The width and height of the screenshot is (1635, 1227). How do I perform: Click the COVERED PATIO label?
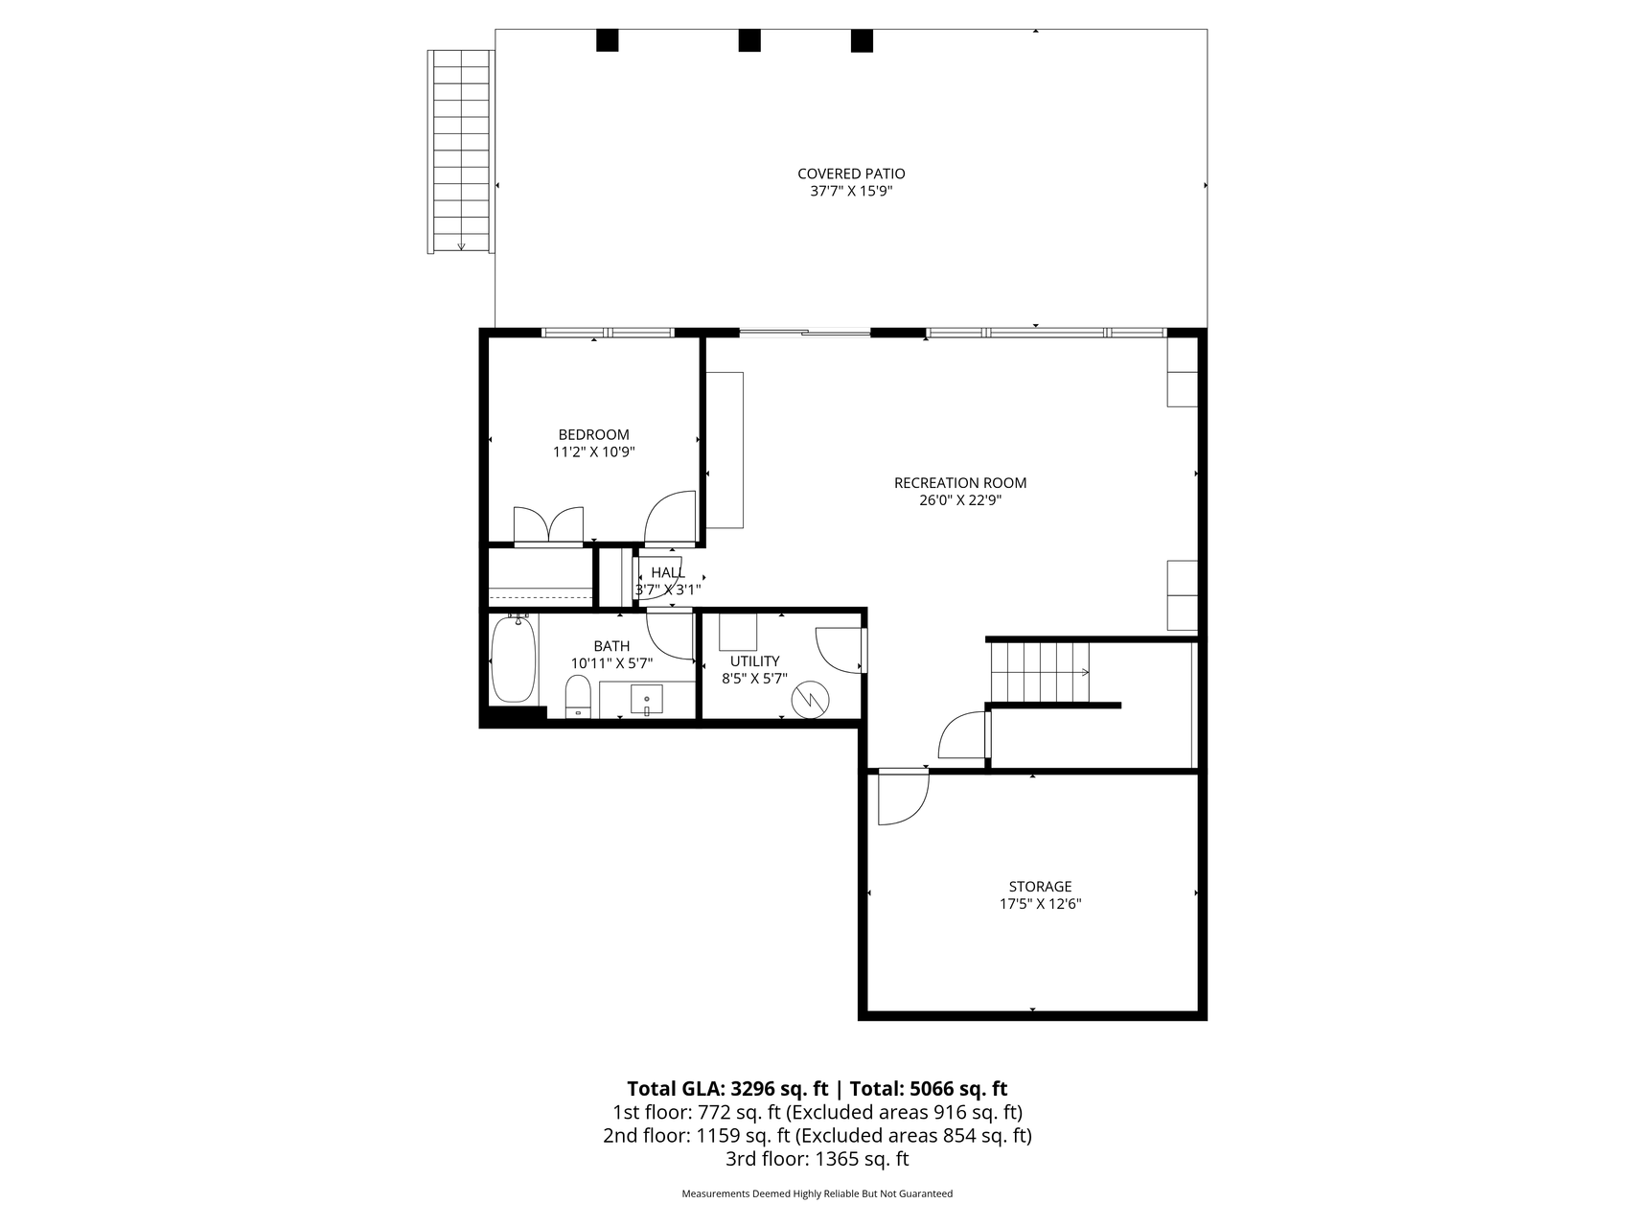pyautogui.click(x=851, y=174)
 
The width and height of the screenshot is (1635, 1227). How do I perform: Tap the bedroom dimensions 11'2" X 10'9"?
pyautogui.click(x=594, y=451)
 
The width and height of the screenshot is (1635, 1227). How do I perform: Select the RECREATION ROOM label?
pyautogui.click(x=960, y=483)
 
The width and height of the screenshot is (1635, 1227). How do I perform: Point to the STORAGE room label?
pyautogui.click(x=1040, y=887)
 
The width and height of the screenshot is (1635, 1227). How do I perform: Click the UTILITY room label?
pyautogui.click(x=755, y=661)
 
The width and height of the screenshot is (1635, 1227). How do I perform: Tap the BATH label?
pyautogui.click(x=611, y=647)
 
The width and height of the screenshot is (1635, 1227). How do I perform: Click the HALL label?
pyautogui.click(x=668, y=573)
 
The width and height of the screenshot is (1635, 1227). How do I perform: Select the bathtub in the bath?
pyautogui.click(x=513, y=660)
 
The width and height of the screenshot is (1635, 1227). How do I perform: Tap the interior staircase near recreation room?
pyautogui.click(x=1040, y=672)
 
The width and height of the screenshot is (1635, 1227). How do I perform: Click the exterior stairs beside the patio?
pyautogui.click(x=461, y=151)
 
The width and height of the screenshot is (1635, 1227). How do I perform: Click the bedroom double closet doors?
pyautogui.click(x=548, y=525)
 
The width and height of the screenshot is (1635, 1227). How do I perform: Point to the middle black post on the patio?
pyautogui.click(x=749, y=40)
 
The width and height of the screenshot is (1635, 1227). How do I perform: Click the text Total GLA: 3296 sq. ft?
pyautogui.click(x=727, y=1088)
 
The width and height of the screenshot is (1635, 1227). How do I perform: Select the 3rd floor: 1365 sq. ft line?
pyautogui.click(x=817, y=1159)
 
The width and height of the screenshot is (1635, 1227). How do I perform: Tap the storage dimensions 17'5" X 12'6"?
pyautogui.click(x=1040, y=903)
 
